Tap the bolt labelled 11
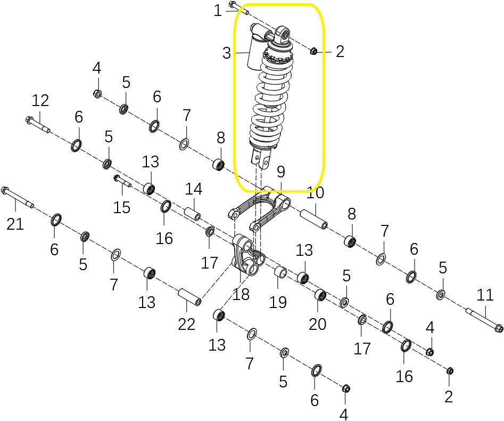[x=484, y=319]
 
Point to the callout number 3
[x=227, y=53]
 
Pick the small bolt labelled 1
[x=239, y=9]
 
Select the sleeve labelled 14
[x=193, y=214]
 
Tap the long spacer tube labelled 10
[x=313, y=219]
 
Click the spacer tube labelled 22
[x=190, y=297]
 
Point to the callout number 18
[x=241, y=294]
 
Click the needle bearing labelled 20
[x=320, y=296]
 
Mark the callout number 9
[x=281, y=172]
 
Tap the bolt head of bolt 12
[x=29, y=120]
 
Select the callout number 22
[x=186, y=324]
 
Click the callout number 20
[x=318, y=324]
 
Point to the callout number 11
[x=485, y=295]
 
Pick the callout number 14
[x=194, y=189]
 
